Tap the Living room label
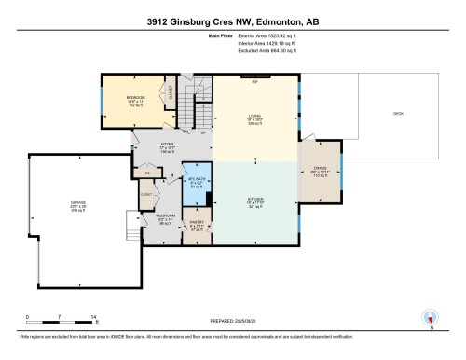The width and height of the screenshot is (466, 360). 256,118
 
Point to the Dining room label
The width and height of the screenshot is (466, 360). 319,171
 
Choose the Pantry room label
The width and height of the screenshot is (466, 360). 196,224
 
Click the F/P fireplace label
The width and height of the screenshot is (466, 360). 255,82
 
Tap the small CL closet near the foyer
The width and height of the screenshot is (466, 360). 146,172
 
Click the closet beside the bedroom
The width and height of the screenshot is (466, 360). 171,92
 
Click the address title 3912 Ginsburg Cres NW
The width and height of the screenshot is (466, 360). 232,21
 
